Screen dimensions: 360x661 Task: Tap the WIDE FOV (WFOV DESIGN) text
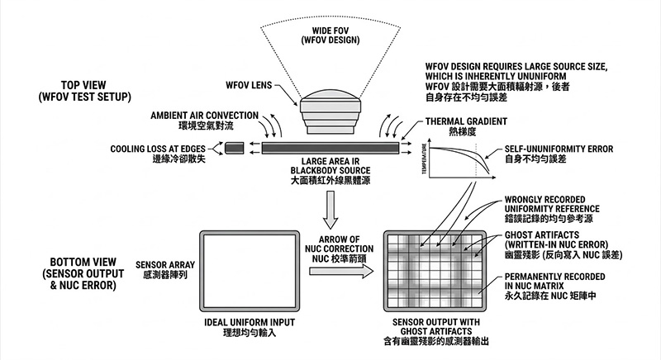point(330,36)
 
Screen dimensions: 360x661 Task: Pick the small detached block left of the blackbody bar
point(235,149)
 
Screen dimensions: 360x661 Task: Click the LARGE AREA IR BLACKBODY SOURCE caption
point(330,170)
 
